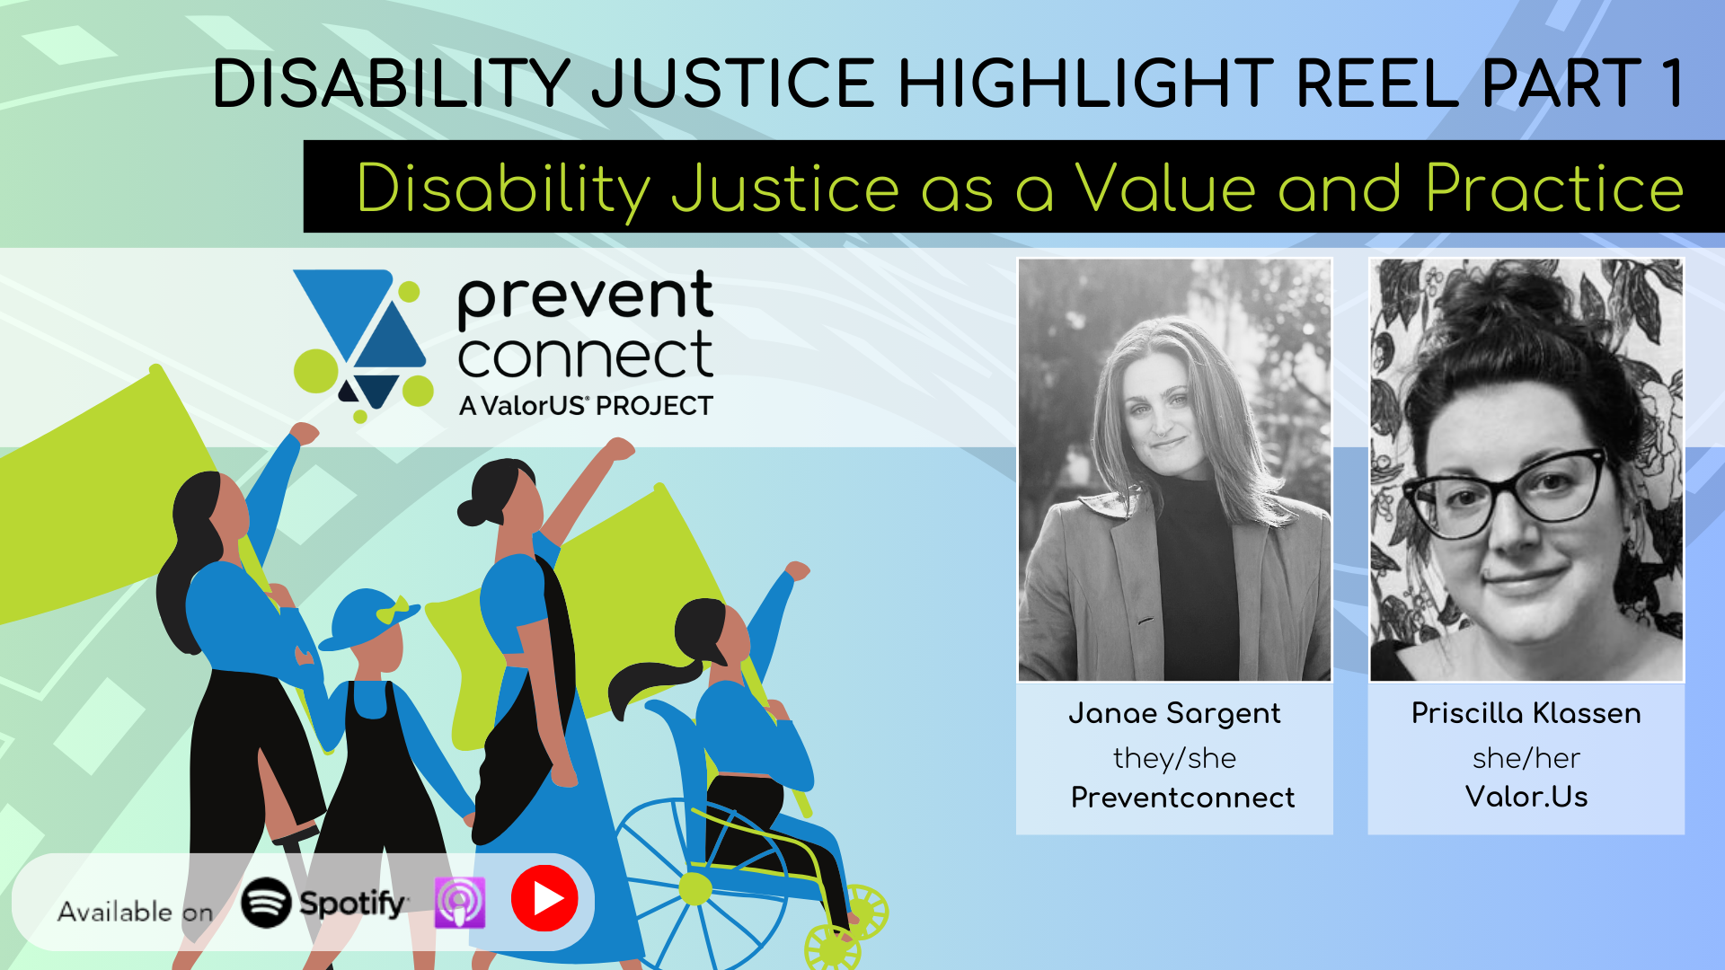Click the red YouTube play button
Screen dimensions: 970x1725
point(544,898)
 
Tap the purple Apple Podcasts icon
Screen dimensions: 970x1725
point(460,902)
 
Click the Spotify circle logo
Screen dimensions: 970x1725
point(266,902)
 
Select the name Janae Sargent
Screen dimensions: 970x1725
point(1174,713)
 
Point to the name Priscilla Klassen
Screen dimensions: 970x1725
point(1526,713)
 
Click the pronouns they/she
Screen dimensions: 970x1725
point(1174,758)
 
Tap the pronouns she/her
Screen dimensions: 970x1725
point(1526,758)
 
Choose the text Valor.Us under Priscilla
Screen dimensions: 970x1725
point(1526,797)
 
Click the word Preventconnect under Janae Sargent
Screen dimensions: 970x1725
point(1182,798)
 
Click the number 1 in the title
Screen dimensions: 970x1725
point(1671,84)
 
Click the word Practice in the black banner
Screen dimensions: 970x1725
point(1554,189)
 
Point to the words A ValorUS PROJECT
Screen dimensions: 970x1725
point(586,406)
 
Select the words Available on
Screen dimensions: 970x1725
point(135,912)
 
